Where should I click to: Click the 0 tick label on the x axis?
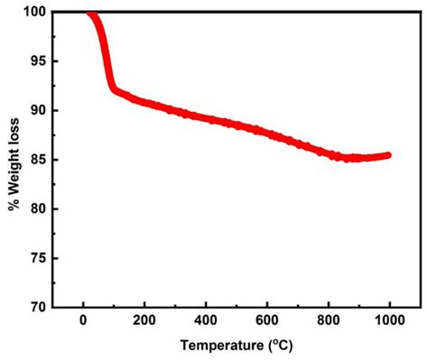coord(84,321)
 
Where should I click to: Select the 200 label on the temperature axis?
coord(145,321)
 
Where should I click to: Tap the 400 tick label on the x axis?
coord(207,321)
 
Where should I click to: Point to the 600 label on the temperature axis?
coord(268,321)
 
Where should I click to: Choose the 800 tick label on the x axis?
coord(330,321)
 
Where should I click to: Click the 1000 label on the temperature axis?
coord(390,321)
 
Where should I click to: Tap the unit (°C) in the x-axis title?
coord(277,346)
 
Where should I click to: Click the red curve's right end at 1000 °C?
coord(389,155)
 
